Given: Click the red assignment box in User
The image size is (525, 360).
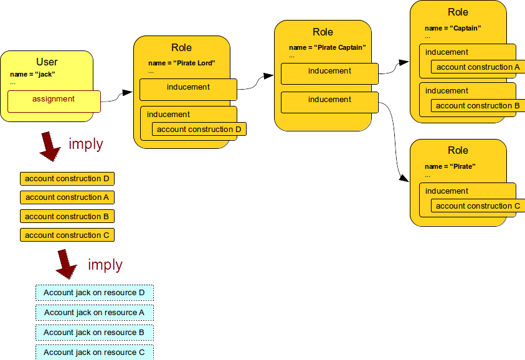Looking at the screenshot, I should click(54, 101).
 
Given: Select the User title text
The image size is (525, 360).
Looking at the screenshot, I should click(47, 62).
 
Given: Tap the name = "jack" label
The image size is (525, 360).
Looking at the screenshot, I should click(33, 74).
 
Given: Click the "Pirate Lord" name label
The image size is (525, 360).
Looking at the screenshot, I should click(182, 63).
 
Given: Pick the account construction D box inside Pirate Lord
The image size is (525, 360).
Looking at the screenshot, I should click(199, 130).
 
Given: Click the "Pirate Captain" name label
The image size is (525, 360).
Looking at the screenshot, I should click(328, 47).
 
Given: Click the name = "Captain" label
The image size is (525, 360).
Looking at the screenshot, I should click(453, 28).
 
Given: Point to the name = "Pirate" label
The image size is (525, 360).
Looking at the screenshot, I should click(450, 166).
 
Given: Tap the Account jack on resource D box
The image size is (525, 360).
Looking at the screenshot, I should click(94, 293).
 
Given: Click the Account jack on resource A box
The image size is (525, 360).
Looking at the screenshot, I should click(94, 313).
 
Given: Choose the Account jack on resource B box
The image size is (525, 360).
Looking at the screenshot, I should click(94, 333).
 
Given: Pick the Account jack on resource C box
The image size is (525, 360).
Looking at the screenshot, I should click(94, 352).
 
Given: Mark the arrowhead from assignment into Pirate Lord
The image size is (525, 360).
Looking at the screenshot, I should click(127, 93).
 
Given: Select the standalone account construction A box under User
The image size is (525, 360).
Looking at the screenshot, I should click(67, 197).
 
